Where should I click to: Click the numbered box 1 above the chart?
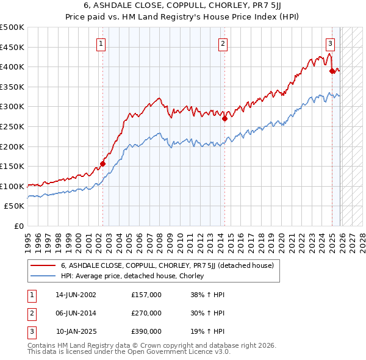click(x=101, y=43)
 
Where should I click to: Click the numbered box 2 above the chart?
click(x=223, y=43)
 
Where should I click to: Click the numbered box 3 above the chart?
click(x=330, y=43)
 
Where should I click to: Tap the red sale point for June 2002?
click(x=103, y=164)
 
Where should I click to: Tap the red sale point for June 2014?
click(x=225, y=119)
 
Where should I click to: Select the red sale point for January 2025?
click(x=332, y=71)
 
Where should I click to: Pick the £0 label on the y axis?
click(x=18, y=226)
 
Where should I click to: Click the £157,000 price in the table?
click(x=146, y=294)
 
